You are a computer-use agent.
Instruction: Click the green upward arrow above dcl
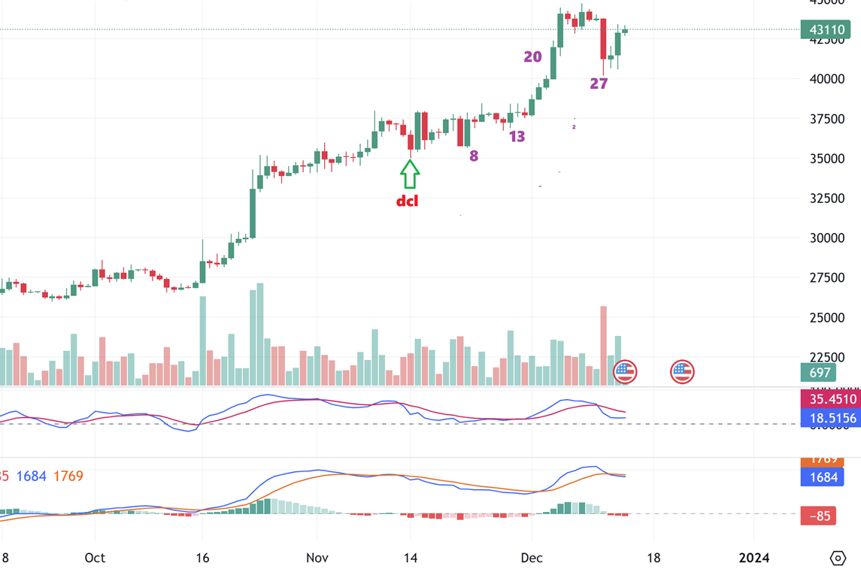(410, 174)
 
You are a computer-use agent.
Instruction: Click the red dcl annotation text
(407, 201)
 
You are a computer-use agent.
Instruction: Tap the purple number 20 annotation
(532, 57)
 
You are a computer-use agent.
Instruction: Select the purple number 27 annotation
(599, 84)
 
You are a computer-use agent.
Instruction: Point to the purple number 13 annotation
(517, 137)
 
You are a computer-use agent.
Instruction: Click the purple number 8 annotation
(474, 156)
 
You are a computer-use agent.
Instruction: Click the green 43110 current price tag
(826, 30)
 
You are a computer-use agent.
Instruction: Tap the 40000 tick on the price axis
(826, 79)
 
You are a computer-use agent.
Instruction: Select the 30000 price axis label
(826, 238)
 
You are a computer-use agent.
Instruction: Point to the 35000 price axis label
(826, 159)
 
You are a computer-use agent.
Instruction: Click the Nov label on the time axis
(317, 558)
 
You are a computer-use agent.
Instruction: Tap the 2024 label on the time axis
(754, 558)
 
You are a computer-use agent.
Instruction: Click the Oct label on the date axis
(95, 558)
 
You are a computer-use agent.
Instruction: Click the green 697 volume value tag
(820, 372)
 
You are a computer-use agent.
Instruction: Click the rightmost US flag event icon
(682, 371)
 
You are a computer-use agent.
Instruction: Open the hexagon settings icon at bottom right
(838, 558)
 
